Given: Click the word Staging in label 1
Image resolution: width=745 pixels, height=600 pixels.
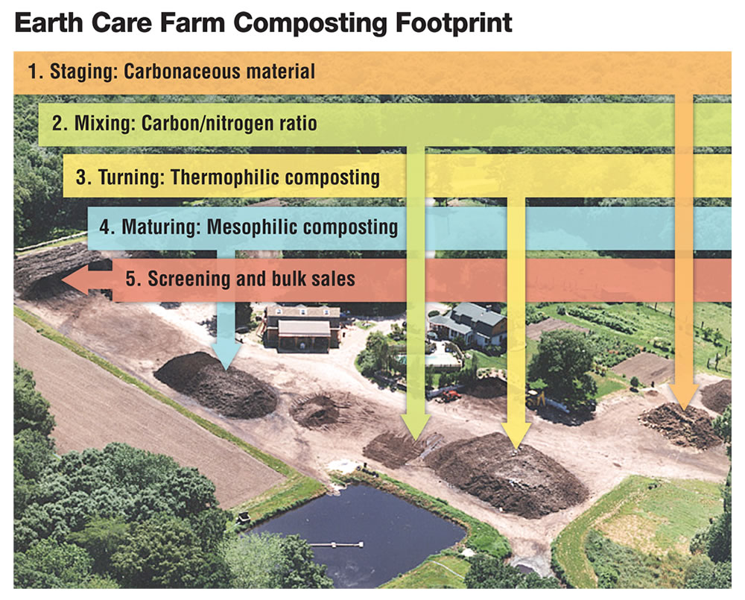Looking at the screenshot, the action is point(83,72).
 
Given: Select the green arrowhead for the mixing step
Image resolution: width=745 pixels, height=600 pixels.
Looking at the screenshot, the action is point(415,427).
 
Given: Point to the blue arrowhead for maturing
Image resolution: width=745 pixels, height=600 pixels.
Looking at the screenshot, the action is point(225,356).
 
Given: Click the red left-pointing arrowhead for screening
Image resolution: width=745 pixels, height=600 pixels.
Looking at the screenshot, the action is point(75,280).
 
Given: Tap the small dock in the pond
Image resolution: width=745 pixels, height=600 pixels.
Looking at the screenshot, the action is point(336,545).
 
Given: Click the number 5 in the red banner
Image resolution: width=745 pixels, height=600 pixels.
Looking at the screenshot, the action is point(130,279).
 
